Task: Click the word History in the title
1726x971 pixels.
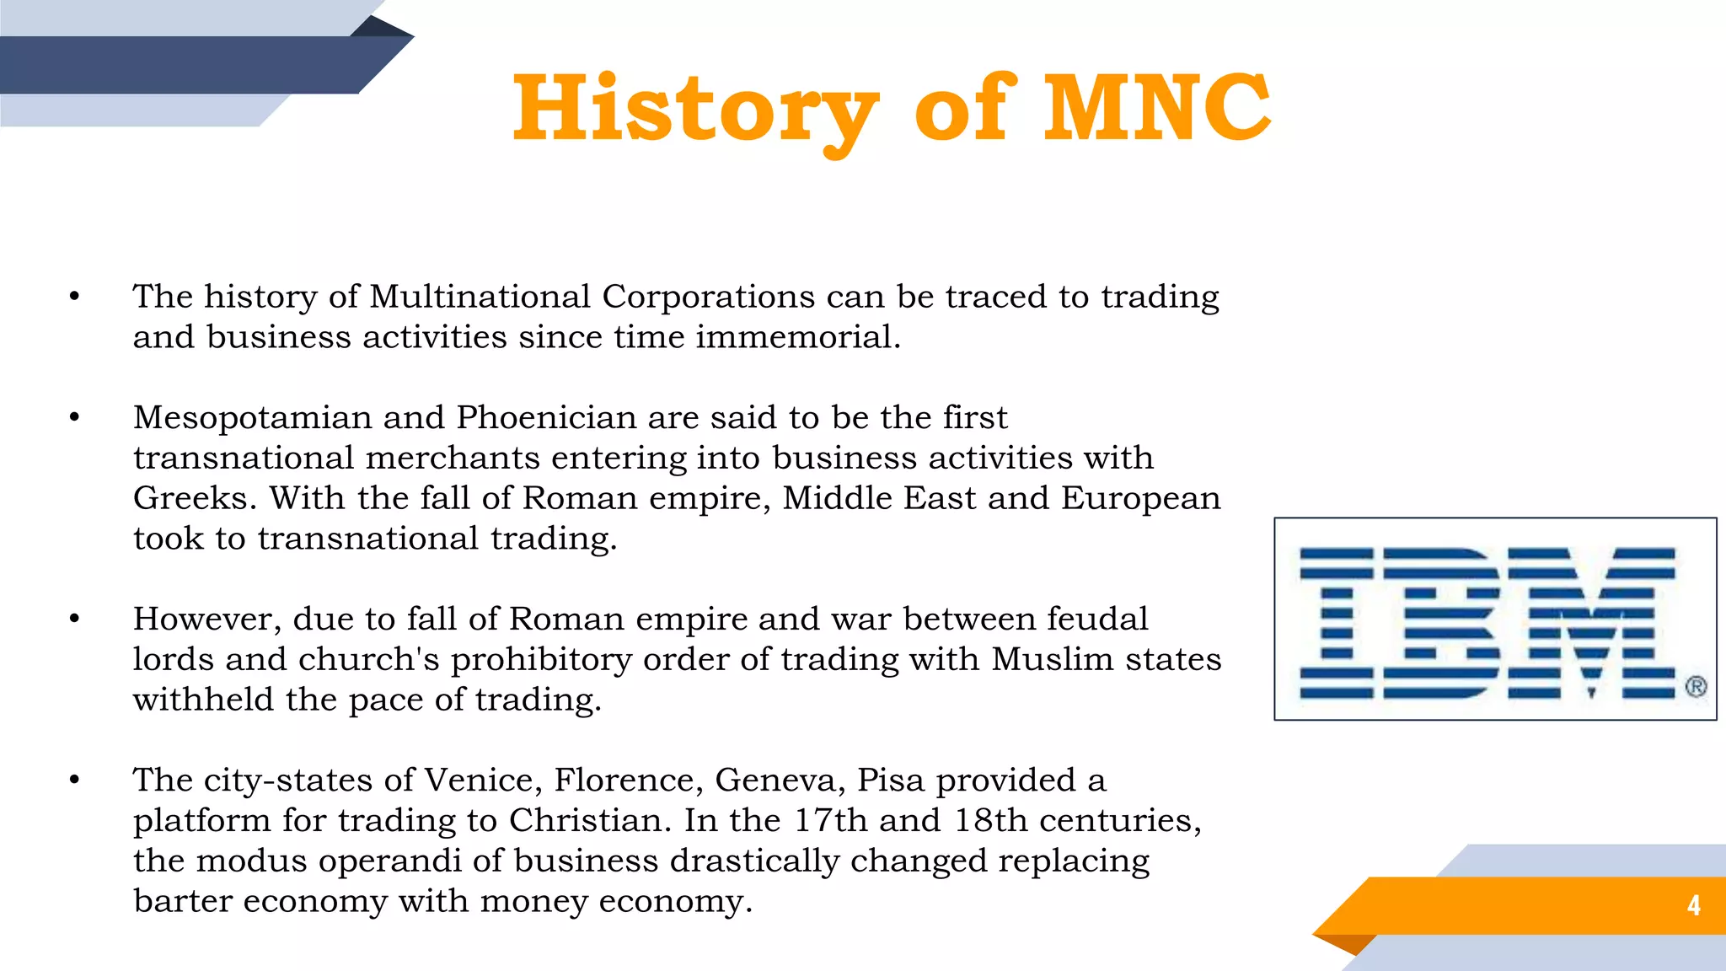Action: coord(695,110)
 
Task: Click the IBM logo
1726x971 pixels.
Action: coord(1487,622)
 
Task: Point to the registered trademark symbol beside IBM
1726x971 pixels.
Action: coord(1696,687)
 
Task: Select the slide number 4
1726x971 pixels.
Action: coord(1693,905)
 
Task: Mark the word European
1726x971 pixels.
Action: coord(1140,498)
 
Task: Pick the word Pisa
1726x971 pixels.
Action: coord(891,781)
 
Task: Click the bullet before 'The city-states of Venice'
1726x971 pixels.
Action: coord(75,781)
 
